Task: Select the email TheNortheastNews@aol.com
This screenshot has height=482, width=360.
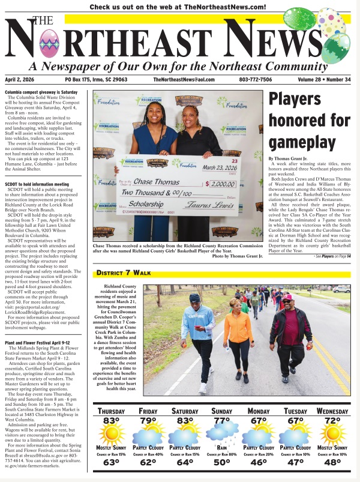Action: point(183,80)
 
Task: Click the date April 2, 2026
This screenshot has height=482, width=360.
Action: point(25,80)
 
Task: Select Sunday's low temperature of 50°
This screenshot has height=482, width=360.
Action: point(221,462)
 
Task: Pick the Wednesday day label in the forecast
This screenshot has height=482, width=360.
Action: point(332,411)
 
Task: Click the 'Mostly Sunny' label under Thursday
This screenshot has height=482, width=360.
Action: point(112,448)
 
